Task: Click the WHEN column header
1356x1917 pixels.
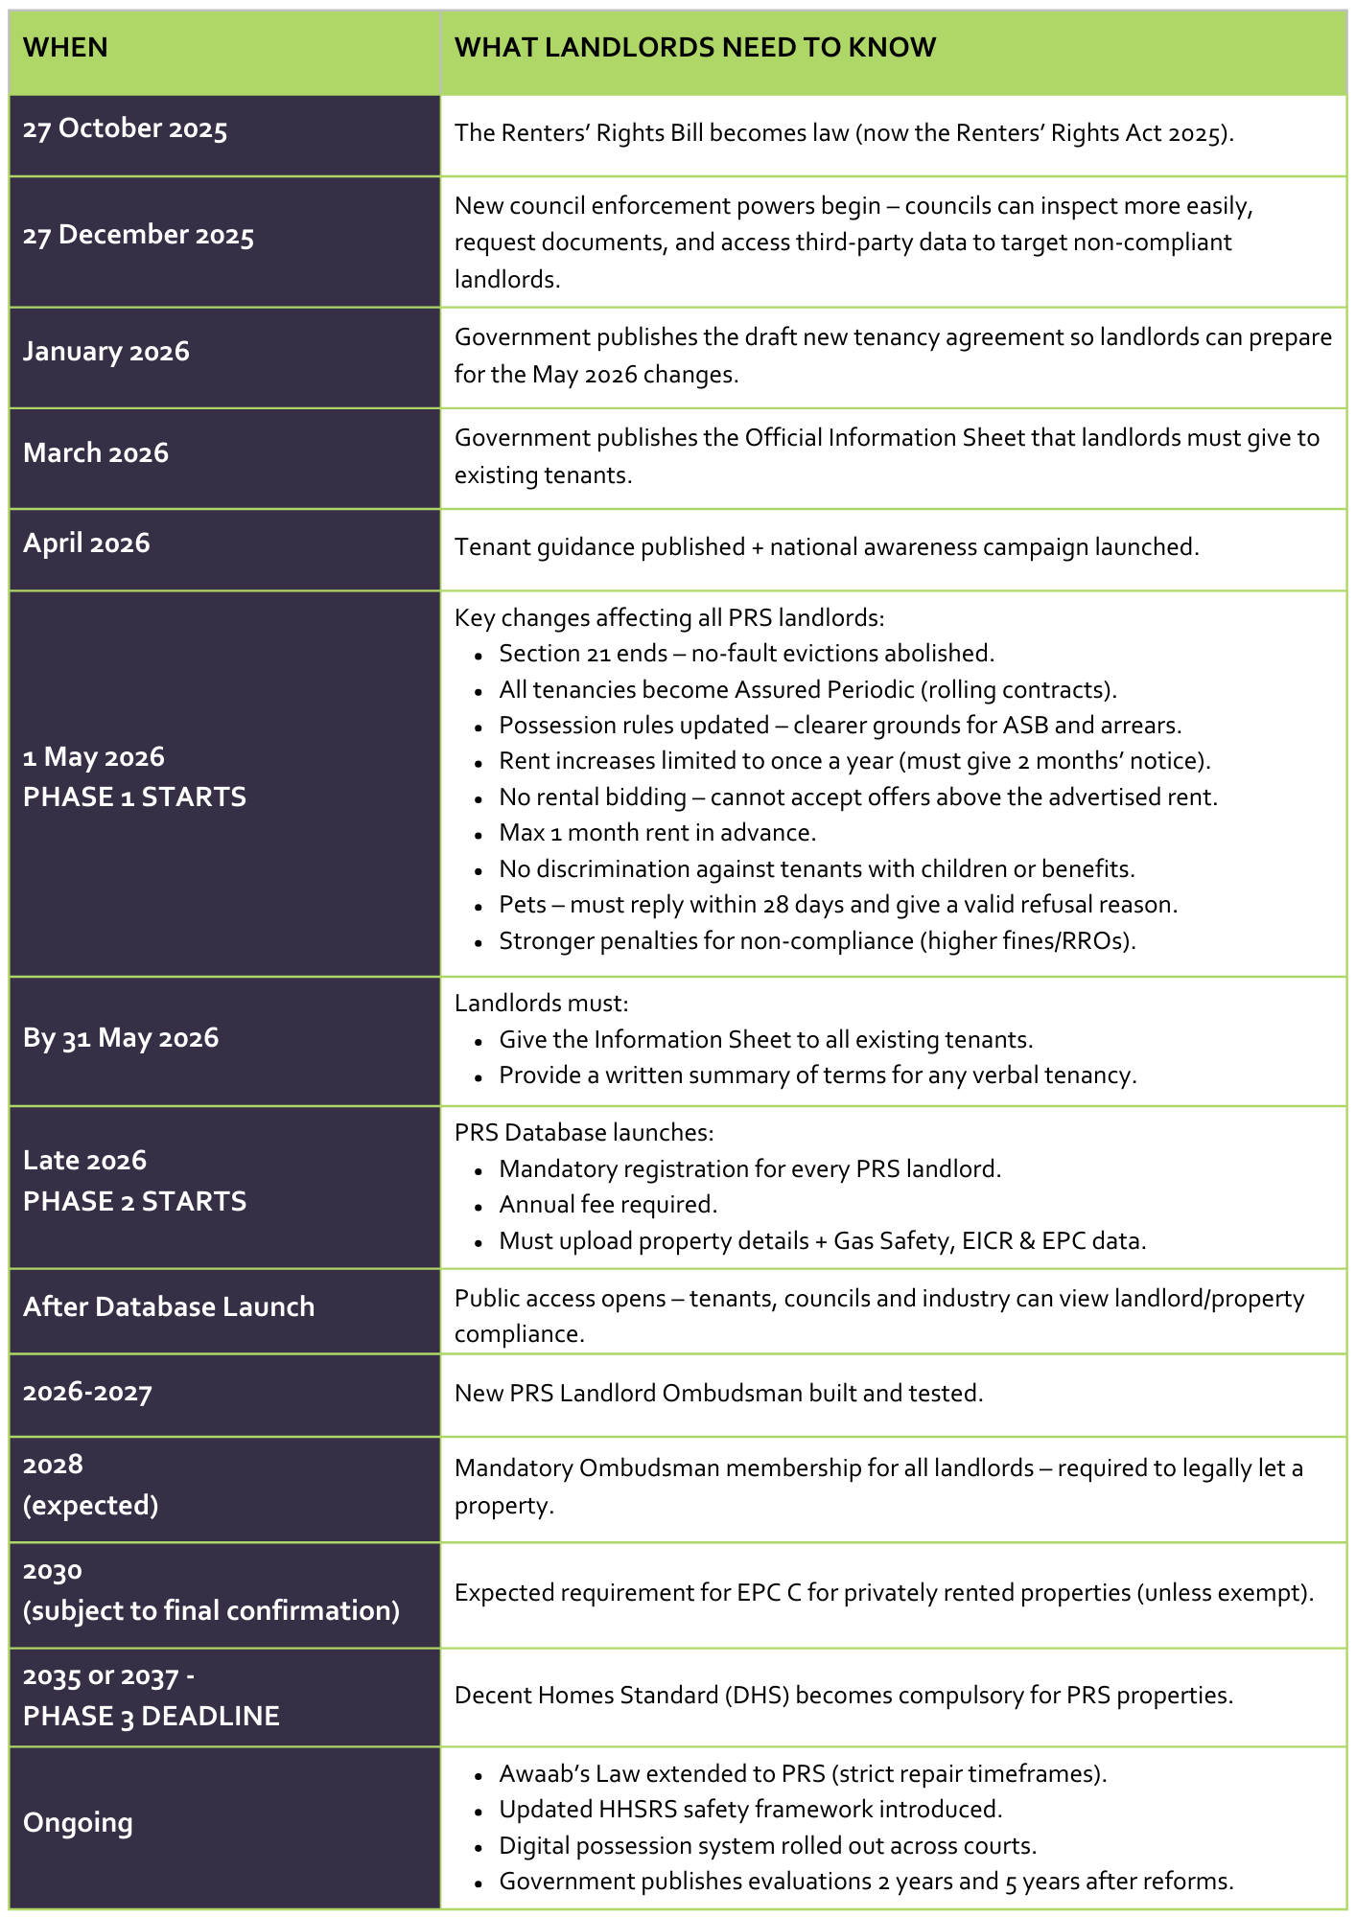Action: point(65,48)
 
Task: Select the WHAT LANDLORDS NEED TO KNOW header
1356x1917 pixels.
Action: point(694,48)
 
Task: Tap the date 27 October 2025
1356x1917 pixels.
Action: point(125,129)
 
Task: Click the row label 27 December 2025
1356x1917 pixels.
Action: point(138,236)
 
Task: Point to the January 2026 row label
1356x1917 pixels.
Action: point(105,352)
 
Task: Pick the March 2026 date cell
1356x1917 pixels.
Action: point(95,453)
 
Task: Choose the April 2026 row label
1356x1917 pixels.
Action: point(86,543)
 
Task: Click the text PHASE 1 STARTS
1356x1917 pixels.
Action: point(134,797)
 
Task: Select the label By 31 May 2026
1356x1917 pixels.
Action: point(121,1038)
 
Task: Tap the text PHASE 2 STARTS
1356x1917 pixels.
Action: point(134,1202)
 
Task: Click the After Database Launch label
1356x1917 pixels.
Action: point(169,1307)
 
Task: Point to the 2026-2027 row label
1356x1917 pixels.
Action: point(87,1393)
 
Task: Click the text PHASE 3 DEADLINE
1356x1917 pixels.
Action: point(152,1717)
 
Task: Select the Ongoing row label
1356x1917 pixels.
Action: point(78,1822)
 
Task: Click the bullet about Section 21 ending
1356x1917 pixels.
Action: point(746,654)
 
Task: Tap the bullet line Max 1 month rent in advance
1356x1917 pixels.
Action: point(657,833)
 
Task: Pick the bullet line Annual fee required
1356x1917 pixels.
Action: point(608,1205)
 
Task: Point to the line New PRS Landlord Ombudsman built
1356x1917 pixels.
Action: point(718,1394)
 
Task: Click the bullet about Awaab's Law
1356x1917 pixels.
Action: point(803,1774)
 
